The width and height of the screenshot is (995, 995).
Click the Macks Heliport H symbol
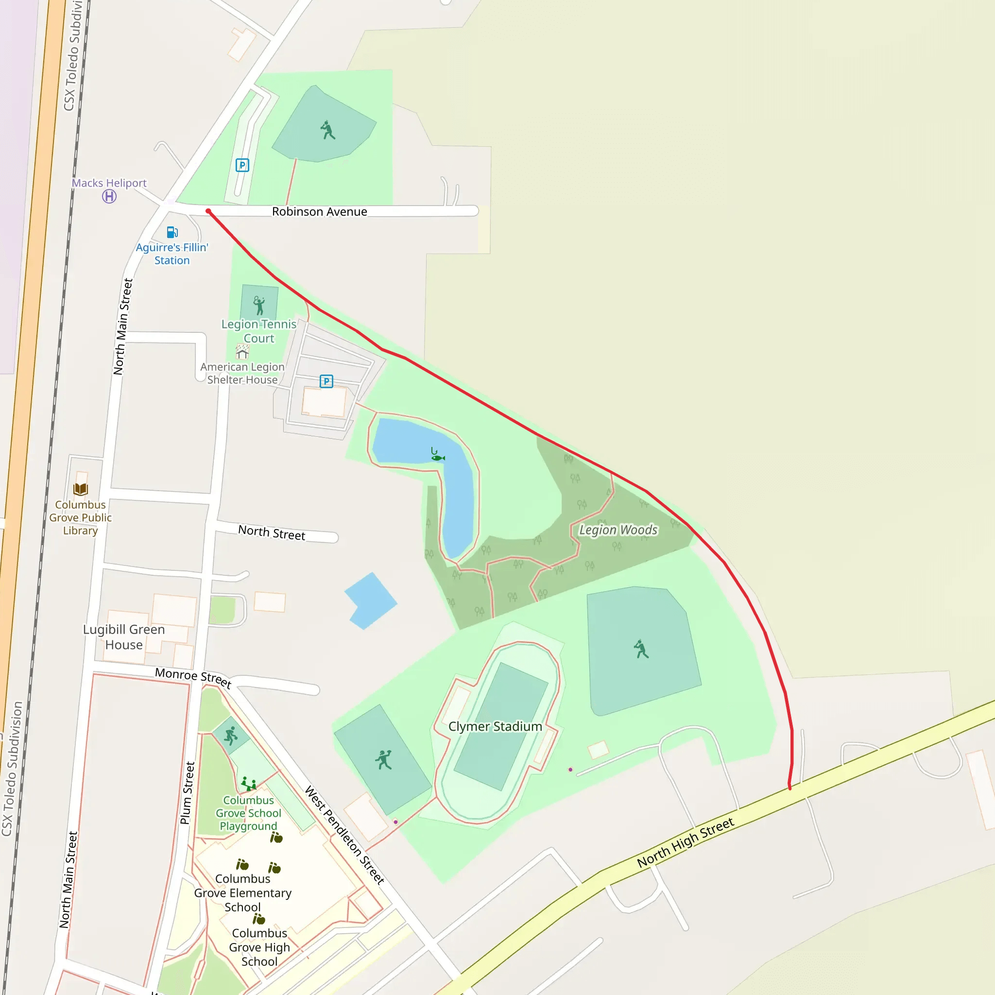tap(109, 196)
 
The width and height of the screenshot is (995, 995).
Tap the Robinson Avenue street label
tap(319, 212)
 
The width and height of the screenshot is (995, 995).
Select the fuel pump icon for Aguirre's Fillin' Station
tap(172, 232)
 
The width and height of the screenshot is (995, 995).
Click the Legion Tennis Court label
tap(258, 331)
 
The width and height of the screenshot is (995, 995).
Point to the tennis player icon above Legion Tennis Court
tap(259, 305)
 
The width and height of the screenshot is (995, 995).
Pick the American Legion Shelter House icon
tap(242, 352)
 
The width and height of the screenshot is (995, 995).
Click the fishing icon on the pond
tap(437, 455)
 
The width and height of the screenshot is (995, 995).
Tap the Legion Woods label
tap(618, 530)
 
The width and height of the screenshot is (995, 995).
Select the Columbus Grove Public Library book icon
tap(81, 489)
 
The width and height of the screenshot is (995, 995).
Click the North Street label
tap(272, 532)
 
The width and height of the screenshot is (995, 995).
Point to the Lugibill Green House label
tap(124, 637)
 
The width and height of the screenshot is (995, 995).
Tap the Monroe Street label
tap(193, 677)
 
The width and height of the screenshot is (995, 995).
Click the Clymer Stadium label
tap(495, 727)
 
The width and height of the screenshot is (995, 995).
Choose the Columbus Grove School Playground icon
tap(249, 784)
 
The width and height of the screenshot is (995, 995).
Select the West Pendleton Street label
tap(344, 835)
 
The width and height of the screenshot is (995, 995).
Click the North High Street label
tap(685, 842)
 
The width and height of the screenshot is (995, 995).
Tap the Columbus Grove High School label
tap(259, 947)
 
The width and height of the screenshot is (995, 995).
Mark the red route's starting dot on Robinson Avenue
tap(208, 211)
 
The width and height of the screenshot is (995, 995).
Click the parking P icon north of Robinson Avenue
tap(242, 165)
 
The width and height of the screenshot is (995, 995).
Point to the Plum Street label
tap(188, 793)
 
